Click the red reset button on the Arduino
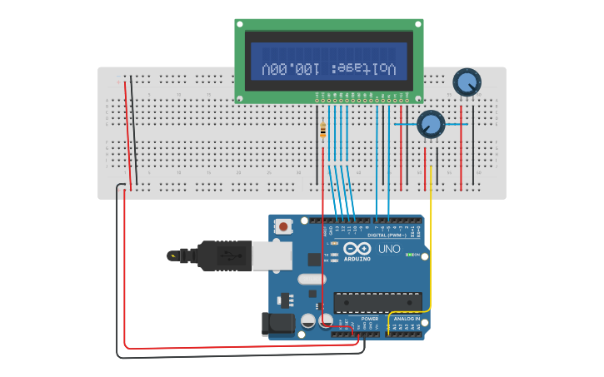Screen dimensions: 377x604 tap(284, 226)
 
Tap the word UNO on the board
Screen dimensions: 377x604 tap(389, 249)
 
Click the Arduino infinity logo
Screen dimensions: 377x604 tap(357, 248)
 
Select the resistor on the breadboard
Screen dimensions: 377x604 tap(323, 131)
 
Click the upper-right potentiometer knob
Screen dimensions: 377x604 tap(467, 82)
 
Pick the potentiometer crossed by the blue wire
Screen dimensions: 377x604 tap(430, 124)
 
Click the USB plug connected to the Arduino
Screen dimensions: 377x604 tap(225, 255)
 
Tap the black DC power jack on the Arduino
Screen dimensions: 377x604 tap(277, 324)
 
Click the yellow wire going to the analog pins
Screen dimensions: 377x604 tap(430, 250)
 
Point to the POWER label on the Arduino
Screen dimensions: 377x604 tap(369, 318)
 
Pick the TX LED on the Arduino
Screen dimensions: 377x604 tap(335, 254)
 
